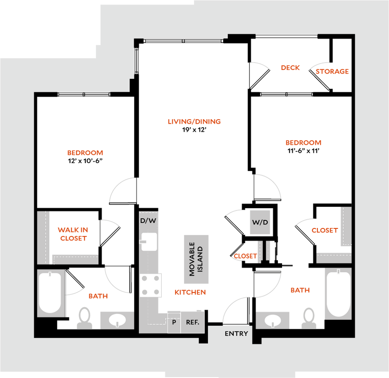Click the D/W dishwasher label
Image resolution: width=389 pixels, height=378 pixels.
[x=149, y=220]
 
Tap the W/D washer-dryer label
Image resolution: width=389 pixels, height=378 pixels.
[x=260, y=222]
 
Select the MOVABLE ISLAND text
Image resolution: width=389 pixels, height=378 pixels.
[x=196, y=259]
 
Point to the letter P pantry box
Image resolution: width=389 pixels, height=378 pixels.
[x=174, y=322]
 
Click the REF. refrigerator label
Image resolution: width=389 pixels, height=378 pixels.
[x=192, y=322]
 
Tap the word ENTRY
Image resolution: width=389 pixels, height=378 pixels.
[x=236, y=334]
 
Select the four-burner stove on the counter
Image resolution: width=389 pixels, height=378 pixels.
[x=150, y=285]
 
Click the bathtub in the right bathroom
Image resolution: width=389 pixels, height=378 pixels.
[x=338, y=293]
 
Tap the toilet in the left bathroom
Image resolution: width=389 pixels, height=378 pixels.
[x=84, y=318]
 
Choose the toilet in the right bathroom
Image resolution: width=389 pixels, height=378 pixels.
[x=308, y=318]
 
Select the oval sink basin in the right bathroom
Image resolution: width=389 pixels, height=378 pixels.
[x=273, y=321]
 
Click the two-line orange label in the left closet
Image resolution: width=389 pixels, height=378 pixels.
[x=73, y=234]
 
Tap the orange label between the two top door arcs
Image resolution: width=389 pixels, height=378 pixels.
[x=290, y=68]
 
